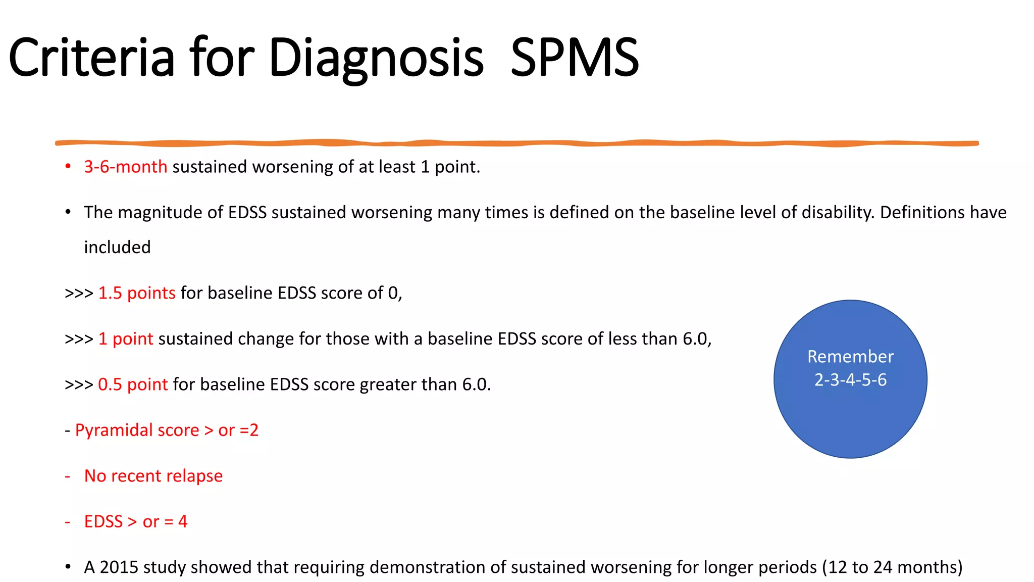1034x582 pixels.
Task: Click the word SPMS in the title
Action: coord(575,58)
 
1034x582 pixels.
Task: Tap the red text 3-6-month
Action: coord(125,167)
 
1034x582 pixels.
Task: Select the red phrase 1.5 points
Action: coord(136,293)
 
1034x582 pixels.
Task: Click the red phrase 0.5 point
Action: coord(132,384)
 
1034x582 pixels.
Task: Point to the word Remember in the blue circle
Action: coord(850,357)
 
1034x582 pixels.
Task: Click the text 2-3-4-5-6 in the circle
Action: coord(850,380)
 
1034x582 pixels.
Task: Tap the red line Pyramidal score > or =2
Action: coord(167,430)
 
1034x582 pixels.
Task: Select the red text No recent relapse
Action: coord(153,476)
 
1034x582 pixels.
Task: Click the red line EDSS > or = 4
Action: coord(135,521)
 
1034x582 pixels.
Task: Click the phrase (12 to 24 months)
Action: coord(892,567)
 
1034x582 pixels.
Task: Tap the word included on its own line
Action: coord(117,248)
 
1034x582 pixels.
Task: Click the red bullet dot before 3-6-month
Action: coord(68,166)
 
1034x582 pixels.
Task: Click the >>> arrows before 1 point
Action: coord(79,339)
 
